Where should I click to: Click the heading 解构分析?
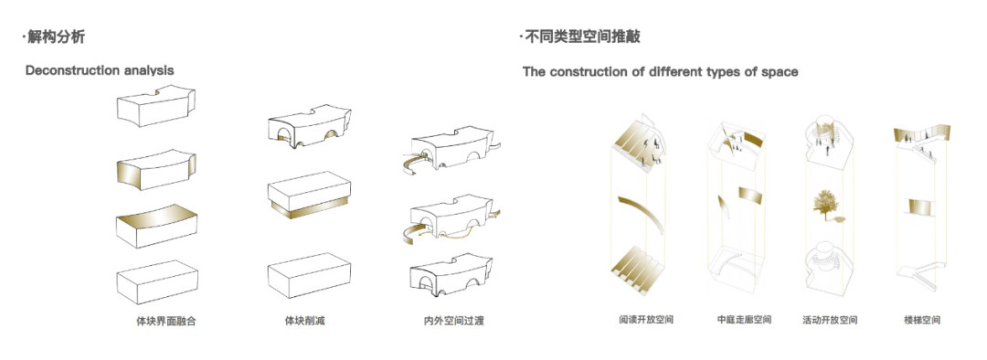(x=57, y=37)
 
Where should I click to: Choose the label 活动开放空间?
(x=830, y=320)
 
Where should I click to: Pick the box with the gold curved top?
(x=157, y=225)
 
